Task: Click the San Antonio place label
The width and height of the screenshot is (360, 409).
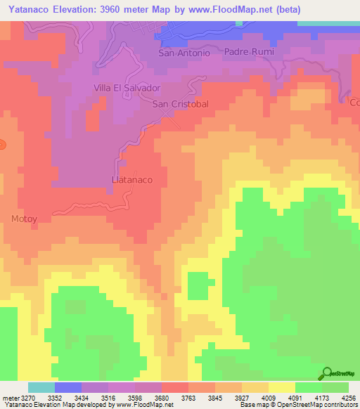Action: pyautogui.click(x=184, y=53)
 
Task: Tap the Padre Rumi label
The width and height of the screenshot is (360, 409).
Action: pyautogui.click(x=248, y=52)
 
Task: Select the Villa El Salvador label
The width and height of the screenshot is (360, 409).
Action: pyautogui.click(x=127, y=88)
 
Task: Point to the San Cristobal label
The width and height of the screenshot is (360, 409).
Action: pyautogui.click(x=181, y=103)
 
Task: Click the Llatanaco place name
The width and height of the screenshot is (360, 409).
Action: pyautogui.click(x=133, y=180)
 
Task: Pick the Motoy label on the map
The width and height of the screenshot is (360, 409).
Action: pyautogui.click(x=24, y=219)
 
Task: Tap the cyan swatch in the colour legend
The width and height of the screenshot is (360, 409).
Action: pyautogui.click(x=41, y=387)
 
